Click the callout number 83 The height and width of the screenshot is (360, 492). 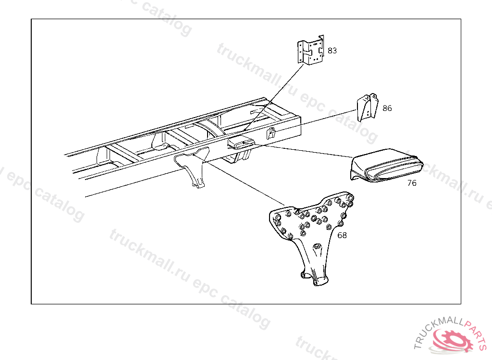(x=332, y=50)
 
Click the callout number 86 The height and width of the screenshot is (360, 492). (x=387, y=108)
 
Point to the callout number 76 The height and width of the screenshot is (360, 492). (x=412, y=183)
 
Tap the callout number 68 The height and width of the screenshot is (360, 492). (x=342, y=236)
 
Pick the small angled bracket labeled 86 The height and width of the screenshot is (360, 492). (x=367, y=108)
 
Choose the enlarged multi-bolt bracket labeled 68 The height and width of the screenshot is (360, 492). (x=312, y=230)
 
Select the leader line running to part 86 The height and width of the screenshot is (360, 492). (x=327, y=118)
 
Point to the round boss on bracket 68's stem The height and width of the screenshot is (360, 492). (x=317, y=247)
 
